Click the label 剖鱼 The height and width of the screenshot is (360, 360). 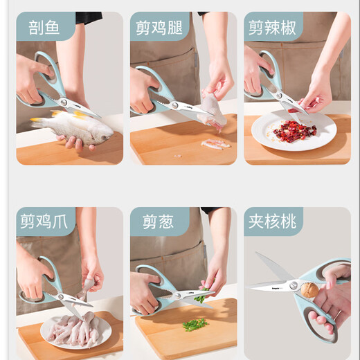(44, 28)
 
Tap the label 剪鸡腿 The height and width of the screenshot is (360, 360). (159, 28)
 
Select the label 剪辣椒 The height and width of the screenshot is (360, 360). (272, 28)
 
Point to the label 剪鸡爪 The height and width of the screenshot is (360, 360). (44, 222)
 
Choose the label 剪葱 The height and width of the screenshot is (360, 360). (158, 222)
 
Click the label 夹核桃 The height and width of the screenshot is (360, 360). (272, 222)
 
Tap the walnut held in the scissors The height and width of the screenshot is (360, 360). (309, 290)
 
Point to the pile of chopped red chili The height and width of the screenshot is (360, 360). (294, 130)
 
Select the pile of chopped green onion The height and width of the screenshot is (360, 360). (195, 325)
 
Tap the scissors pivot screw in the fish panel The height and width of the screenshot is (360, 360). (64, 102)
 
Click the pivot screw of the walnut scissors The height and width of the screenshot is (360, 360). (294, 285)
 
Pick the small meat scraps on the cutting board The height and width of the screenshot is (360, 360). (216, 144)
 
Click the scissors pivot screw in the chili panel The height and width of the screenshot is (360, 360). (279, 95)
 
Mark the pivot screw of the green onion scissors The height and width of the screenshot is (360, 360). (177, 295)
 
